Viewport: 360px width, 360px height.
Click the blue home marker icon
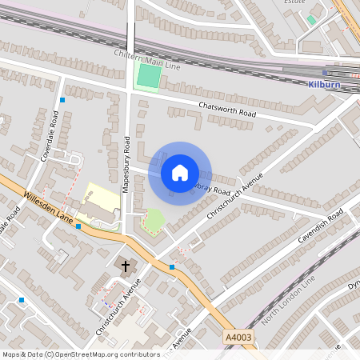click(180, 172)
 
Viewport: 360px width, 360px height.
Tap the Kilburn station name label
click(324, 84)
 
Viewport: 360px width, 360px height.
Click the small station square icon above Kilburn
click(325, 73)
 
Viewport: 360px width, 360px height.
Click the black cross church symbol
click(125, 265)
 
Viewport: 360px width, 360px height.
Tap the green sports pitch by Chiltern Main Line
click(149, 77)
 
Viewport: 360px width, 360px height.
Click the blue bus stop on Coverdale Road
click(62, 100)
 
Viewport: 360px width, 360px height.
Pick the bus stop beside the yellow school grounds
click(78, 226)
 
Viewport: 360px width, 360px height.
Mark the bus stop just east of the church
click(172, 267)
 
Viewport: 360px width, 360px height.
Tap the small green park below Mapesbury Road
click(153, 219)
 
